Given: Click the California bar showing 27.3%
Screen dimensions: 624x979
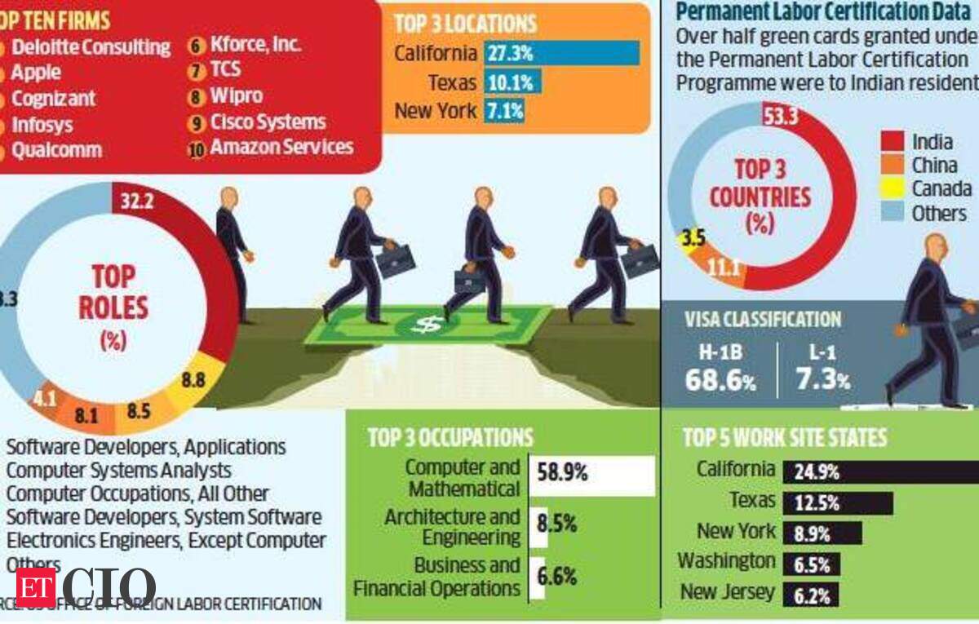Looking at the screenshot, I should coord(561,54).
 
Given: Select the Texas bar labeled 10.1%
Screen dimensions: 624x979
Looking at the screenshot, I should coord(512,82).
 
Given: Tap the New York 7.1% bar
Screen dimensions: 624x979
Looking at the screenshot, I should coord(504,110).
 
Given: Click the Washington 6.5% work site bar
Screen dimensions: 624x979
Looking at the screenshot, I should coord(811,564).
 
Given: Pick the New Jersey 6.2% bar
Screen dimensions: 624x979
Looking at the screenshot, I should coord(810,595).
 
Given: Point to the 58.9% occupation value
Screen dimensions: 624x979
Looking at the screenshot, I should coord(562,472).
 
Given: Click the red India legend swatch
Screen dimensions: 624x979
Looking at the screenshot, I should coord(893,141).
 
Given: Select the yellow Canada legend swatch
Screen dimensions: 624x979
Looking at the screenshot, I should coord(893,188).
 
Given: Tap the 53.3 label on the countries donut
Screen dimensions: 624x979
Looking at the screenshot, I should coord(782,117).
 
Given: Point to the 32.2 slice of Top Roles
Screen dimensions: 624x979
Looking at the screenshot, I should coord(137,201).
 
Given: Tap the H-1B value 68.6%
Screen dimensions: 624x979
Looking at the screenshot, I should coord(720,380).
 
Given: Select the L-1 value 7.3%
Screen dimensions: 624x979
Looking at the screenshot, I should coord(822,380).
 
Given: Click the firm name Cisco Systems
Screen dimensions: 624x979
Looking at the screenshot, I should coord(268,122).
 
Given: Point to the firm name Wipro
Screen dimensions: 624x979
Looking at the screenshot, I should coord(236,96).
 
